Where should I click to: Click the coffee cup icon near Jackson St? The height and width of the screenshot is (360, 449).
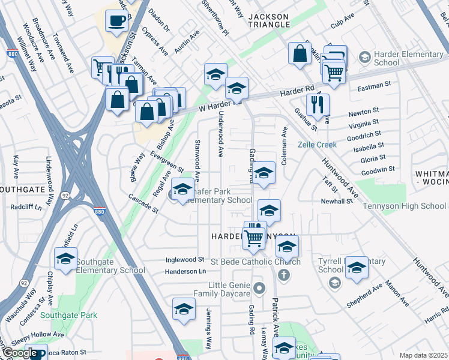coord(116,22)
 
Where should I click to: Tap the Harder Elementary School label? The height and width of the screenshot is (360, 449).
coord(387,58)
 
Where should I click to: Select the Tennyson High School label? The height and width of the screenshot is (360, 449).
coord(404,206)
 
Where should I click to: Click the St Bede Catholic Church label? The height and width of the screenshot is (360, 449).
coord(256,262)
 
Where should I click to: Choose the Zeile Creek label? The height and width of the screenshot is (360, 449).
coord(318,145)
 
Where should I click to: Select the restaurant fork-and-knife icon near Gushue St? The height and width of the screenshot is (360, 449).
coord(318,104)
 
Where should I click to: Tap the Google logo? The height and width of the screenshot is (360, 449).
coord(20,353)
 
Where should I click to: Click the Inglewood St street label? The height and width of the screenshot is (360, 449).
coord(185,260)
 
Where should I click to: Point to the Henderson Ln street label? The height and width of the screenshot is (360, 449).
coord(185,272)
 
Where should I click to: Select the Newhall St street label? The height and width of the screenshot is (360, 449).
coord(336,202)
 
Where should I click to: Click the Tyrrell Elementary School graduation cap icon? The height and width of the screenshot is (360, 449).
coord(357,268)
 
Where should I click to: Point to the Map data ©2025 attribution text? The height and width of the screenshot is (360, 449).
coord(422,355)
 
